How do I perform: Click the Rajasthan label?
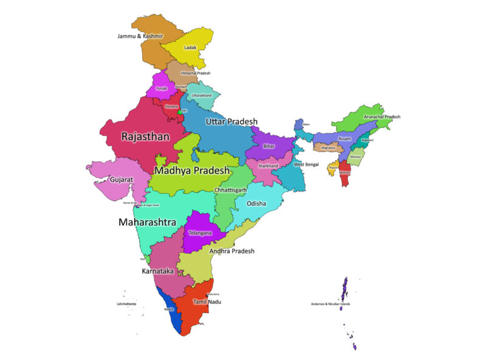145,137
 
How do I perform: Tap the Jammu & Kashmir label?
140,36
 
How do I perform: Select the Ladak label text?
191,47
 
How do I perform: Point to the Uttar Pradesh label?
231,122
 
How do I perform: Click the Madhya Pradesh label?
191,171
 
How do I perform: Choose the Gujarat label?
122,180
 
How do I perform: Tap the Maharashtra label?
147,223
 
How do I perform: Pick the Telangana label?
200,233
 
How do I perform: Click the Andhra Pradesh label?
231,251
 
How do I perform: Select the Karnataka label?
158,271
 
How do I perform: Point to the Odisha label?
256,204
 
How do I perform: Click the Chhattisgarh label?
230,190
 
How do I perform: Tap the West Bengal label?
306,165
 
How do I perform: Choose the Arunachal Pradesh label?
382,116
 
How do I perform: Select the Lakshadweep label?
126,304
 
